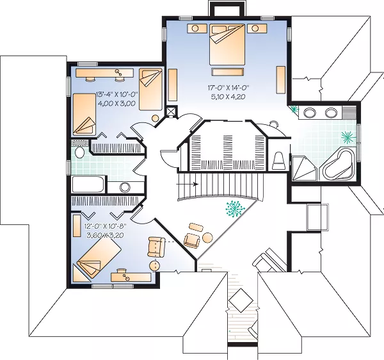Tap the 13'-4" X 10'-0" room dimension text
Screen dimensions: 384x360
(x=117, y=94)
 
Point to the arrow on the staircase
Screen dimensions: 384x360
(x=187, y=184)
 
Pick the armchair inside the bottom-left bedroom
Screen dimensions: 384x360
(x=156, y=247)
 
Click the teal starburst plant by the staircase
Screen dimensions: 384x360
(x=235, y=209)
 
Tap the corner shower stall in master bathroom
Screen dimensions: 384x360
(x=305, y=168)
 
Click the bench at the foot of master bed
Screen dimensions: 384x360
(x=227, y=72)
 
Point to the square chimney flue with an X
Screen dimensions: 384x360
(x=170, y=111)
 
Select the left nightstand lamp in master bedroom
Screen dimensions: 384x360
(x=195, y=28)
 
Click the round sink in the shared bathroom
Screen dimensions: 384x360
(x=125, y=188)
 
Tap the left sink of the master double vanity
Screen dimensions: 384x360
(x=310, y=113)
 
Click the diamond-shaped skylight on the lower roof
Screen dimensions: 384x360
(x=241, y=300)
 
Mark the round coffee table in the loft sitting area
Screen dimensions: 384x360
(x=207, y=237)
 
